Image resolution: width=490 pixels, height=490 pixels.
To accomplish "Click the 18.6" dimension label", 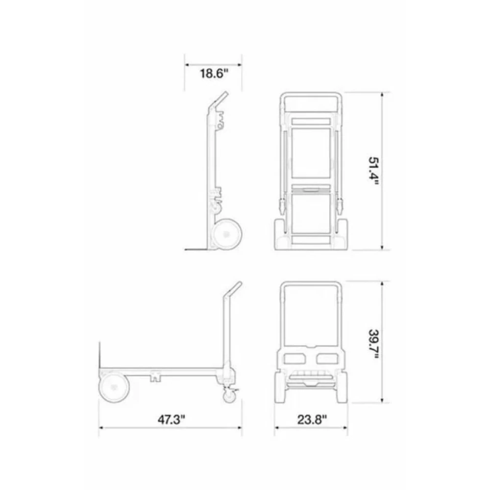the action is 214,74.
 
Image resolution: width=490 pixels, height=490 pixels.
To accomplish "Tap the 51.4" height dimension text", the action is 374,171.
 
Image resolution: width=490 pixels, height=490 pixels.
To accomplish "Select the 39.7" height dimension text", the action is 374,344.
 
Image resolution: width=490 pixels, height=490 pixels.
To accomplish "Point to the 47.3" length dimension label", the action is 171,419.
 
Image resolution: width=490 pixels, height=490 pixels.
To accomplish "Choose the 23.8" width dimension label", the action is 312,419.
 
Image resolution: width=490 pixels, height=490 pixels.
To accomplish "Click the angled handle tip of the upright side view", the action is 225,93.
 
